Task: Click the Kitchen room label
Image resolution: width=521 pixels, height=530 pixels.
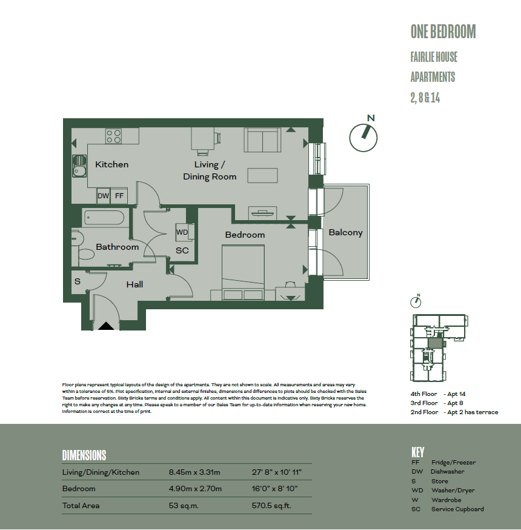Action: pos(111,164)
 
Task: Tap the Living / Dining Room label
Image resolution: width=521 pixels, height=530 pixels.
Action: pos(210,170)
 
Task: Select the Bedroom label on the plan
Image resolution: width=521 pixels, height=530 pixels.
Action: pos(245,235)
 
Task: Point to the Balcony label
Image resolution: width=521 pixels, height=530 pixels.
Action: pos(345,232)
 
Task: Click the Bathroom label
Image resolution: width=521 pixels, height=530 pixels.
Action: pos(117,247)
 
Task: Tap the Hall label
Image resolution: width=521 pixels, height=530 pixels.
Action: pos(134,284)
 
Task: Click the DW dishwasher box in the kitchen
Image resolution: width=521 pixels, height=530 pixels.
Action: pos(104,196)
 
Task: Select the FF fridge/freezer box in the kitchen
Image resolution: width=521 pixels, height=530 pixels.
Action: pos(119,196)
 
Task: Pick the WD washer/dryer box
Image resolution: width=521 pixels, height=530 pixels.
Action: pos(182,232)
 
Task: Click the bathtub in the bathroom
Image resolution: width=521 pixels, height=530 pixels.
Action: pos(104,218)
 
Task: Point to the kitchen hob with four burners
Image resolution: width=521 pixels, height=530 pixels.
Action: pos(114,136)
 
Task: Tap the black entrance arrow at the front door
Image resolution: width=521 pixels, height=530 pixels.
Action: pos(106,326)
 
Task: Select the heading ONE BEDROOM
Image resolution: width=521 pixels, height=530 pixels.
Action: pos(443,32)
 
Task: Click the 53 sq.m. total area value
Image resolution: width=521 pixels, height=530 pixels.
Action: pos(184,505)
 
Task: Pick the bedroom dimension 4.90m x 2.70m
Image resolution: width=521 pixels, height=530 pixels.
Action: pos(195,488)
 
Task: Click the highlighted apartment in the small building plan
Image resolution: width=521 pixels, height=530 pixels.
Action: pos(435,342)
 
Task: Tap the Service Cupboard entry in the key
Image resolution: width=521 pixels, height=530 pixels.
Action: pos(457,509)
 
